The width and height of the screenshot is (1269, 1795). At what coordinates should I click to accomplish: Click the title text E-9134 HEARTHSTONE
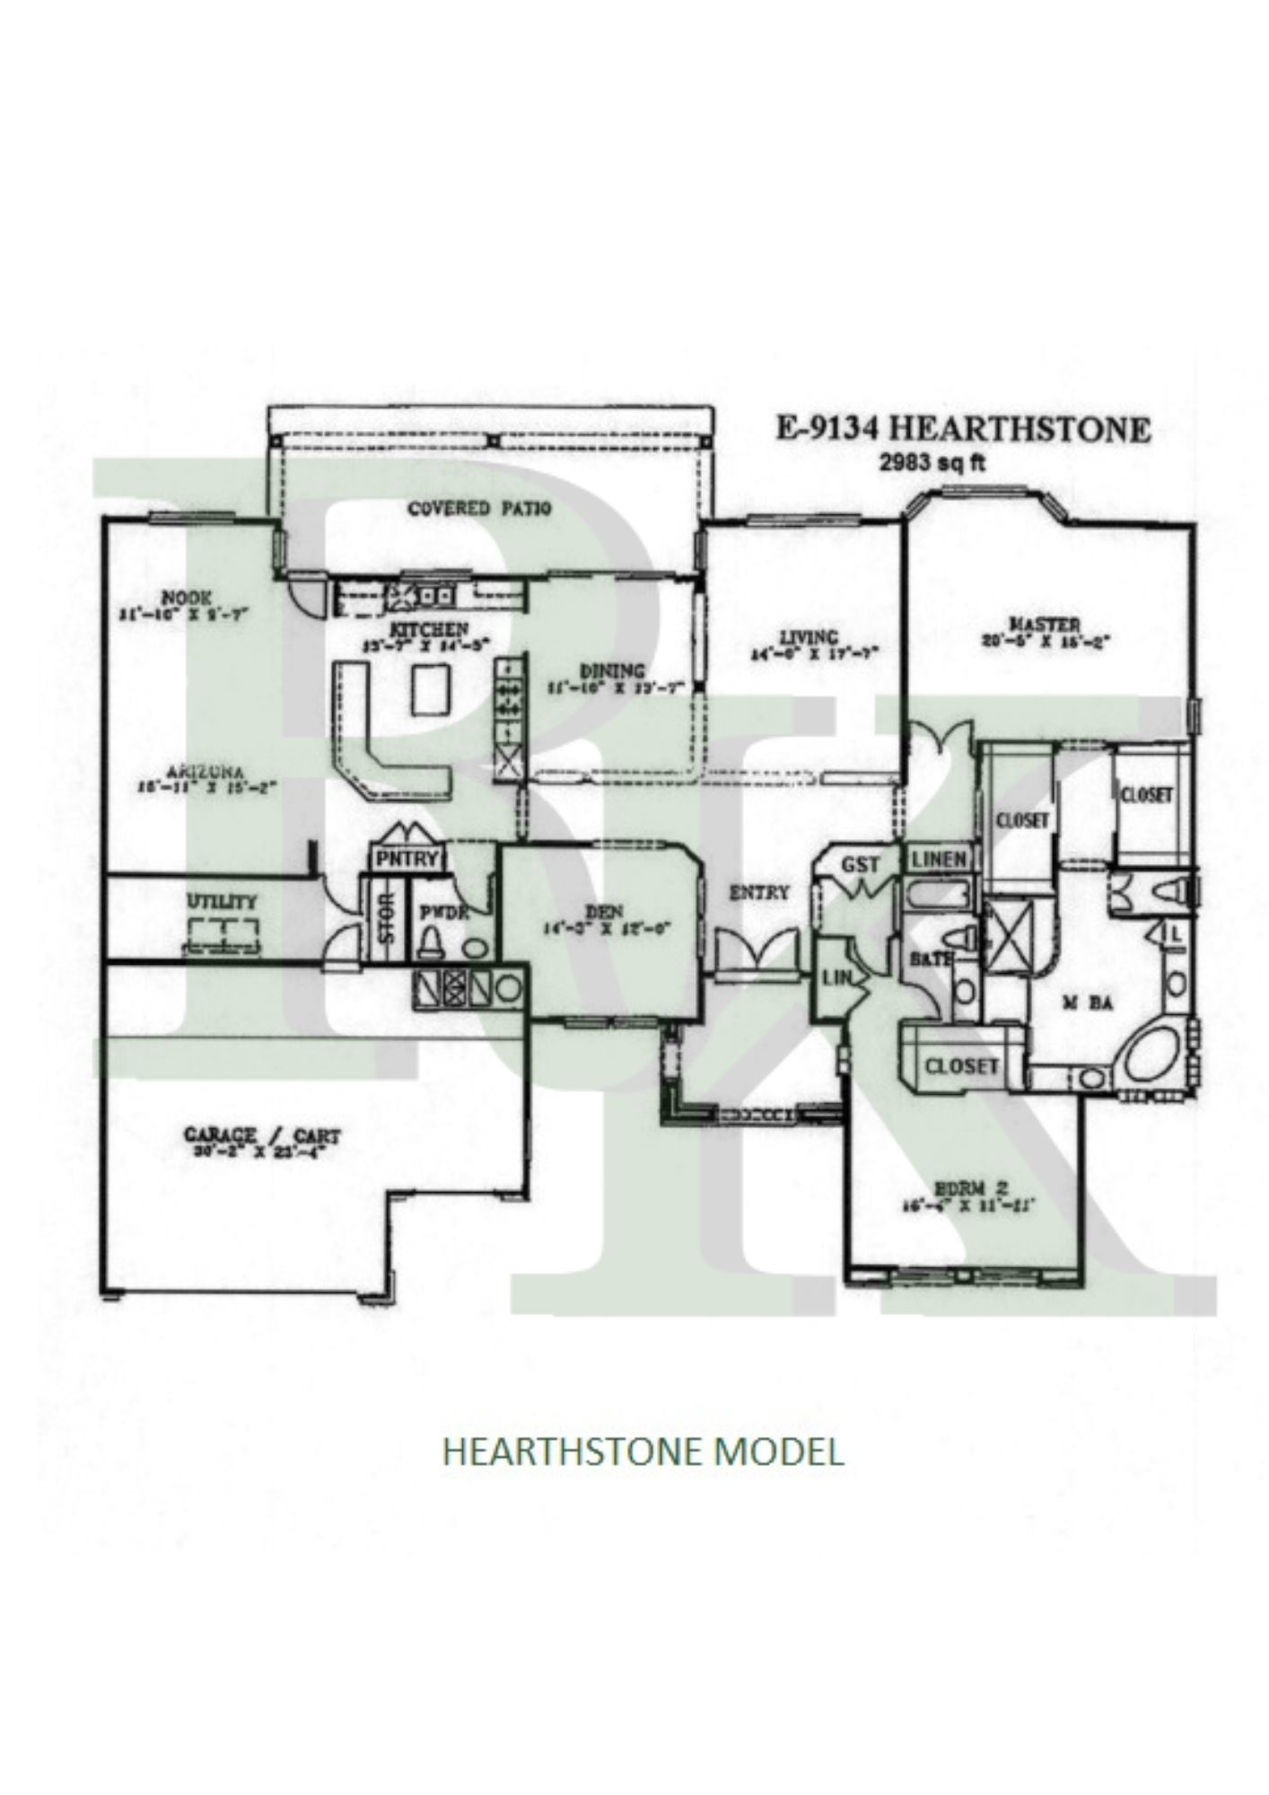(x=962, y=430)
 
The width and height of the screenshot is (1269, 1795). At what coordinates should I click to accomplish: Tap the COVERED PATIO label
(x=480, y=509)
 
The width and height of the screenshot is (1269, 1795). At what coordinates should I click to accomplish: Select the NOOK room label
(x=186, y=597)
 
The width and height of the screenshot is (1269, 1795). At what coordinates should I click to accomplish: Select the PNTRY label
(x=407, y=859)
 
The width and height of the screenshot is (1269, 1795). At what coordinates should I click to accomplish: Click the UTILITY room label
(x=222, y=901)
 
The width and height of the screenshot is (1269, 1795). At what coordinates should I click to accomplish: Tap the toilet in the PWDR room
(x=431, y=941)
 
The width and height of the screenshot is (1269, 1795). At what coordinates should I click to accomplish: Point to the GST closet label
(x=860, y=865)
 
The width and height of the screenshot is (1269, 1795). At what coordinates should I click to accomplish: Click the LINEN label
(x=940, y=859)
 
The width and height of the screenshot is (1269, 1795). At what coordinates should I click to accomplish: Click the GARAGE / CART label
(x=262, y=1136)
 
